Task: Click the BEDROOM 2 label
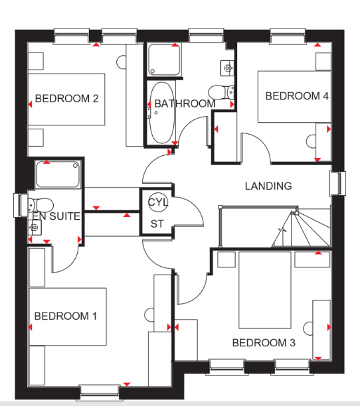pyautogui.click(x=67, y=99)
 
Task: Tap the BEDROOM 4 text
pyautogui.click(x=297, y=96)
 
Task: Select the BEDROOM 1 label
pyautogui.click(x=66, y=316)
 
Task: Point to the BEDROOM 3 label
pyautogui.click(x=264, y=343)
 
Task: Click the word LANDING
pyautogui.click(x=268, y=186)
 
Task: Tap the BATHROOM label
pyautogui.click(x=185, y=104)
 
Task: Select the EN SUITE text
pyautogui.click(x=56, y=216)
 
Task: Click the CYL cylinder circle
pyautogui.click(x=158, y=202)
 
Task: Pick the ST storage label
pyautogui.click(x=157, y=224)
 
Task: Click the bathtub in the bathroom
pyautogui.click(x=161, y=113)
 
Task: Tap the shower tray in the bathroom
pyautogui.click(x=164, y=60)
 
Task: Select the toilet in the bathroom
pyautogui.click(x=221, y=92)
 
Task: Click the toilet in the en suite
pyautogui.click(x=41, y=205)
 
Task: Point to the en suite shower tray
pyautogui.click(x=58, y=174)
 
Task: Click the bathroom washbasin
pyautogui.click(x=227, y=68)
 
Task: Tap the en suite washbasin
pyautogui.click(x=35, y=228)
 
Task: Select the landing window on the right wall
pyautogui.click(x=337, y=183)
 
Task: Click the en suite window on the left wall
pyautogui.click(x=21, y=205)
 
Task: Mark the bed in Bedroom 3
pyautogui.click(x=264, y=290)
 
